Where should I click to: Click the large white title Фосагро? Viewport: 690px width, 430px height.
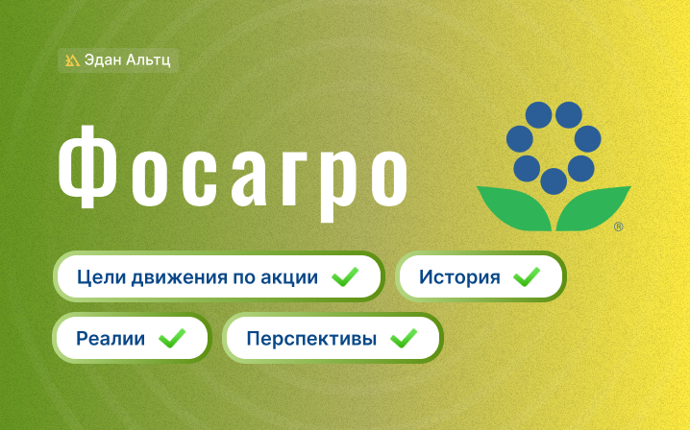pyautogui.click(x=233, y=173)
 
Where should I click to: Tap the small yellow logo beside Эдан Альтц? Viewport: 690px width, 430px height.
pyautogui.click(x=72, y=60)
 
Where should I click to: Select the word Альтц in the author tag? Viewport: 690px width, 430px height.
pyautogui.click(x=148, y=60)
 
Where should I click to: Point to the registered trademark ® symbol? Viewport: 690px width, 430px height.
pyautogui.click(x=618, y=227)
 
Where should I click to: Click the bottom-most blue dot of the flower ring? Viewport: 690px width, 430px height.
pyautogui.click(x=554, y=181)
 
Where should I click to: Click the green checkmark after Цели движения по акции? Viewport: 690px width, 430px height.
pyautogui.click(x=345, y=277)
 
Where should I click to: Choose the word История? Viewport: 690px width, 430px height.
pyautogui.click(x=459, y=277)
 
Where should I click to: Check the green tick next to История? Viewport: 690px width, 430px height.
pyautogui.click(x=527, y=277)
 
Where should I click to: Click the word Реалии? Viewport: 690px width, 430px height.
pyautogui.click(x=111, y=339)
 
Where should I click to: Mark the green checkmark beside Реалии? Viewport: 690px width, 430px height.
pyautogui.click(x=172, y=338)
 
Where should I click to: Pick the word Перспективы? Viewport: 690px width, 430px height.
pyautogui.click(x=311, y=339)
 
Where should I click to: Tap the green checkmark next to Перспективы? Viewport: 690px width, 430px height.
pyautogui.click(x=404, y=338)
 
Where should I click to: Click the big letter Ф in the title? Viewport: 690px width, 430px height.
pyautogui.click(x=87, y=167)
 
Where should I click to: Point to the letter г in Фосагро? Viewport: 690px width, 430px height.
pyautogui.click(x=297, y=178)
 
